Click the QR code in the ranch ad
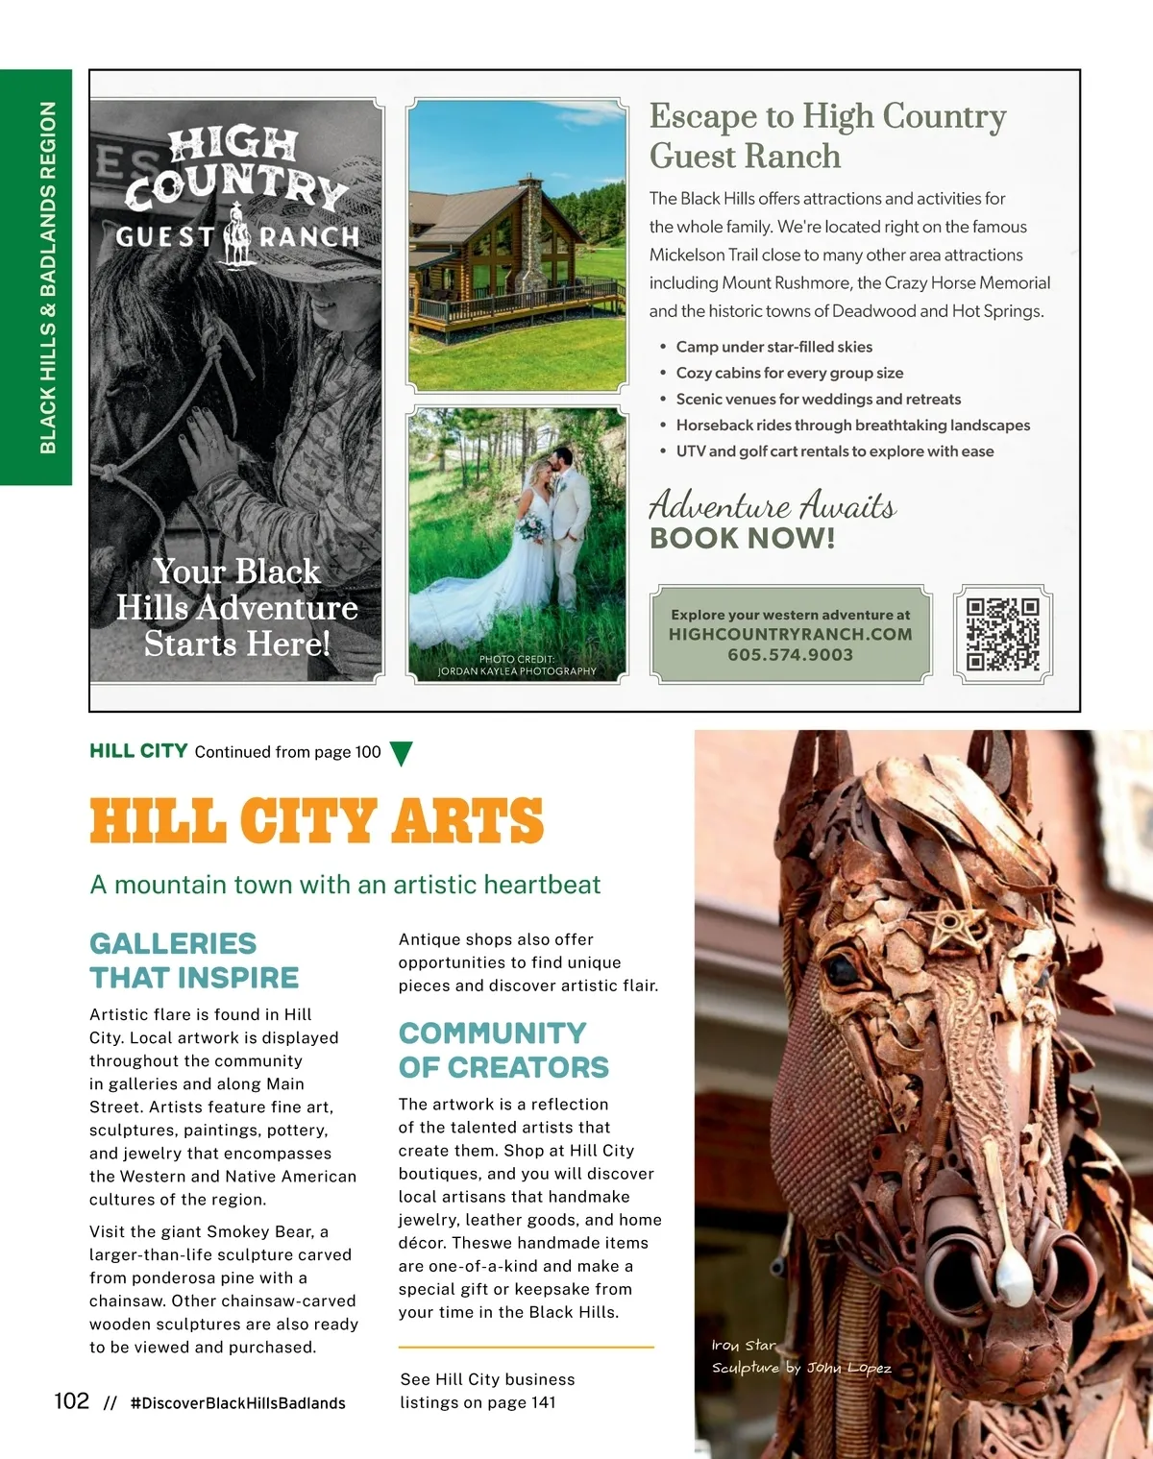pyautogui.click(x=1002, y=634)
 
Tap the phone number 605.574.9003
pyautogui.click(x=790, y=655)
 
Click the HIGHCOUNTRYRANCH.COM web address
pyautogui.click(x=790, y=634)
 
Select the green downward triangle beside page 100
pyautogui.click(x=402, y=753)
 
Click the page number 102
pyautogui.click(x=71, y=1401)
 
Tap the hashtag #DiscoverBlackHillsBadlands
pyautogui.click(x=237, y=1403)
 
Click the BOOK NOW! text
pyautogui.click(x=742, y=538)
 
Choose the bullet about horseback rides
pyautogui.click(x=852, y=426)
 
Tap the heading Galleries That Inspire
pyautogui.click(x=193, y=961)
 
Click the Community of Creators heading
pyautogui.click(x=503, y=1050)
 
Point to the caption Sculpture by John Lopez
pyautogui.click(x=800, y=1368)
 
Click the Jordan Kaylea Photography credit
pyautogui.click(x=517, y=671)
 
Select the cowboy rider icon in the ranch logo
pyautogui.click(x=236, y=235)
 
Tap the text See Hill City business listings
pyautogui.click(x=487, y=1390)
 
